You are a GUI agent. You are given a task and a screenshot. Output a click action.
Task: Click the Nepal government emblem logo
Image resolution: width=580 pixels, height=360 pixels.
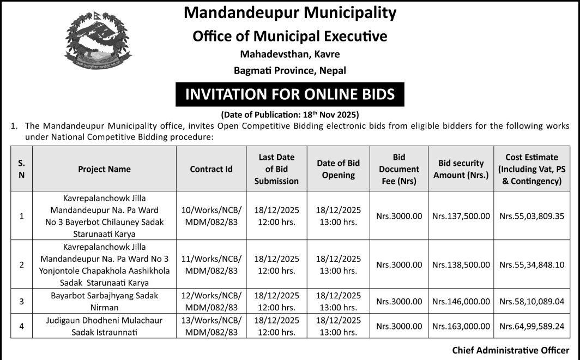click(x=98, y=44)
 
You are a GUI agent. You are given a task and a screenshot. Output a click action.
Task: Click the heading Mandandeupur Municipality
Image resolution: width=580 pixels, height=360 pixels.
click(x=290, y=13)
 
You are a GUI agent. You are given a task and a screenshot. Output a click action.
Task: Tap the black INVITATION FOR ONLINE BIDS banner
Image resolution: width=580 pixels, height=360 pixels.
click(x=290, y=94)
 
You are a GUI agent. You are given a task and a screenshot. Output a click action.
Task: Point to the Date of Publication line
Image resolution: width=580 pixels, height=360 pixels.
click(x=290, y=115)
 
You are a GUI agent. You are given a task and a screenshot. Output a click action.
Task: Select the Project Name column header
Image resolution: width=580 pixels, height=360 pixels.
click(x=104, y=169)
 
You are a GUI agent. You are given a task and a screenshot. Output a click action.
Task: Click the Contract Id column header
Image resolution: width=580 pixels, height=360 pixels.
click(x=211, y=169)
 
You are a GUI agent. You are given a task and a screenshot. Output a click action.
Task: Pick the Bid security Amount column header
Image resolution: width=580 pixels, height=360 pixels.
click(x=461, y=169)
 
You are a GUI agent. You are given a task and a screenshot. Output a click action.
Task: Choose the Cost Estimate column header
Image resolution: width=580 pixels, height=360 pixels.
click(x=531, y=169)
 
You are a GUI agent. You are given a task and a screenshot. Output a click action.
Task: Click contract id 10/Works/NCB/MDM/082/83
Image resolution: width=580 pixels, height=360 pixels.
click(x=211, y=215)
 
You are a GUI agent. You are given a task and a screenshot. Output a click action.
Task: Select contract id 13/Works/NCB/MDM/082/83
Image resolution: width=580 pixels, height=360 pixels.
click(x=211, y=326)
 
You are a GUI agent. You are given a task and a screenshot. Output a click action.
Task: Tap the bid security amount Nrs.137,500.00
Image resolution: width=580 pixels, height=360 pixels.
click(x=461, y=216)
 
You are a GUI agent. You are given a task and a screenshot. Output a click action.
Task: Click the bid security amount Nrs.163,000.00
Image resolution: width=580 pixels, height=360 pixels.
click(x=461, y=326)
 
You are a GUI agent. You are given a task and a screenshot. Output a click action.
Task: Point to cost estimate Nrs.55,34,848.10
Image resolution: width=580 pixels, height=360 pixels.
click(x=531, y=265)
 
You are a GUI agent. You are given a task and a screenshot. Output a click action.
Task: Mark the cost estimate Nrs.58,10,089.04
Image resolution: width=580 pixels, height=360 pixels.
click(x=531, y=301)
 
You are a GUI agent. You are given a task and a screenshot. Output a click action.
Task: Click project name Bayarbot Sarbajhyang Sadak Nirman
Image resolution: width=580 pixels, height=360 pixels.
click(x=104, y=301)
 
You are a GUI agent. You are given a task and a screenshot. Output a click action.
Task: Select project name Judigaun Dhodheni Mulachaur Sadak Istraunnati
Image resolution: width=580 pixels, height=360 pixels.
click(x=104, y=326)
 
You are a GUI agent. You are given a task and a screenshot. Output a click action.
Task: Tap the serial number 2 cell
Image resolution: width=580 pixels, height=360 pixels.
click(x=22, y=265)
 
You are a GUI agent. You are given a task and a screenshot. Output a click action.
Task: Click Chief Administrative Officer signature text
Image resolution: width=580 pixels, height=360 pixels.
click(x=510, y=350)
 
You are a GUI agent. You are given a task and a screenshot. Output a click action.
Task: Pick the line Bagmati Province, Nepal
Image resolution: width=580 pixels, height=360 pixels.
click(x=290, y=70)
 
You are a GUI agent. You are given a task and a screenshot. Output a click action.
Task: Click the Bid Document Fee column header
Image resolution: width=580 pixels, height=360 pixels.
click(x=399, y=169)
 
